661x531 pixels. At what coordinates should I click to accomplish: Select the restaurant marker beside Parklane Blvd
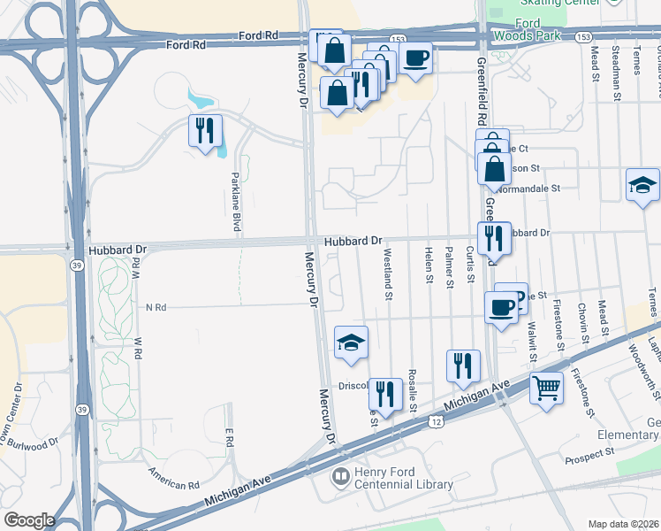[x=205, y=131]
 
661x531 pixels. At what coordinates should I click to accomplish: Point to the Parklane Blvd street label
[x=236, y=203]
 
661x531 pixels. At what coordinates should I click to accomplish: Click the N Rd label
[x=156, y=307]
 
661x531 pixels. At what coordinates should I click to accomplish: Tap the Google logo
[x=28, y=520]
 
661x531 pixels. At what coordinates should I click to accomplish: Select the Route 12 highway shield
[x=437, y=424]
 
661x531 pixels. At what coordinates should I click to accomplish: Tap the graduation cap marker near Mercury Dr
[x=351, y=342]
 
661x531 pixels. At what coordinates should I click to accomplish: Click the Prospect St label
[x=589, y=453]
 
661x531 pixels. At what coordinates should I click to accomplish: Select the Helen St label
[x=429, y=265]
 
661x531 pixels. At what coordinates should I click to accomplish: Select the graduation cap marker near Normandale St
[x=642, y=186]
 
